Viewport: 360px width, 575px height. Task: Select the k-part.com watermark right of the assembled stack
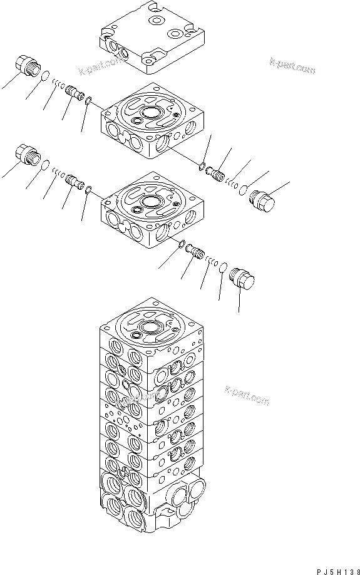pyautogui.click(x=247, y=395)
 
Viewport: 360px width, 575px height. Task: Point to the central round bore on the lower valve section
pyautogui.click(x=151, y=202)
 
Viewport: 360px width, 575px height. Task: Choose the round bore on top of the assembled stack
pyautogui.click(x=151, y=328)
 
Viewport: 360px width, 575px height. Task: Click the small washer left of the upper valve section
pyautogui.click(x=89, y=100)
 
